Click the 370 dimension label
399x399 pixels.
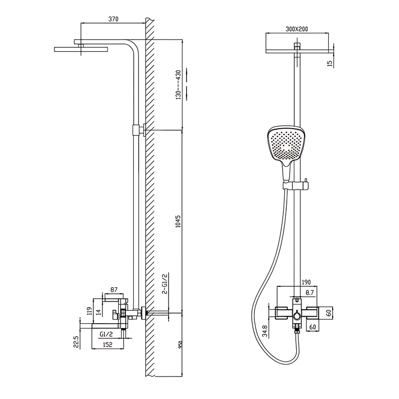tap(113, 19)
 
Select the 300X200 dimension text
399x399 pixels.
tap(296, 29)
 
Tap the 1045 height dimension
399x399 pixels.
tap(179, 221)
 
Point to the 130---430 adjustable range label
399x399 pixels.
tap(179, 85)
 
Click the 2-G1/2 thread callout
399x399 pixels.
tap(165, 284)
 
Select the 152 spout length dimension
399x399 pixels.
tap(107, 344)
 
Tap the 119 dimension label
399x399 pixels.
tap(89, 311)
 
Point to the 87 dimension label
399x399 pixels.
tap(114, 290)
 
